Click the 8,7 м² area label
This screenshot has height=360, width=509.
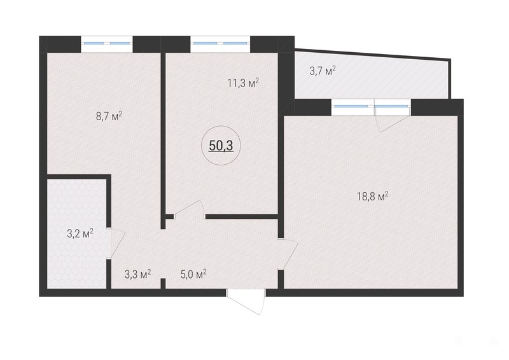pos(109,116)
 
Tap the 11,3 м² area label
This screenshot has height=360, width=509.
pos(243,83)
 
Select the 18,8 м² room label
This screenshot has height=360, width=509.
pos(373,197)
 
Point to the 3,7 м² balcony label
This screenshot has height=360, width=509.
pos(323,71)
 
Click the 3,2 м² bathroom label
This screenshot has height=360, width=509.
pos(80,233)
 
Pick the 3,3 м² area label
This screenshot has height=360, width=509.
pos(137,274)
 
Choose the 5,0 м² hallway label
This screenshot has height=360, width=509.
pos(193,274)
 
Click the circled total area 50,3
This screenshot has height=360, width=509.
pos(221,146)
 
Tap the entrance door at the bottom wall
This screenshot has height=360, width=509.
pos(246,301)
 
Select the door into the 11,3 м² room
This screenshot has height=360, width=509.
pos(189,209)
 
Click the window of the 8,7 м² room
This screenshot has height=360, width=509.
pos(107,44)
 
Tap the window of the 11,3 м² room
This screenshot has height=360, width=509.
pos(220,44)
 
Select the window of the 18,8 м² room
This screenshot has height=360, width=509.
pos(371,107)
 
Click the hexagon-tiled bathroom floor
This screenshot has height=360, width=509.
pos(76,233)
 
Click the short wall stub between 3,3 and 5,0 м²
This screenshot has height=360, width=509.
pos(164,284)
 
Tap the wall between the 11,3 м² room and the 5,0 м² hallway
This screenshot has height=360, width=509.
pos(242,216)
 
